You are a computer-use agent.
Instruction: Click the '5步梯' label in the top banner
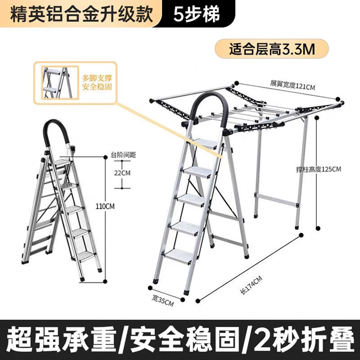coord(198,14)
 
